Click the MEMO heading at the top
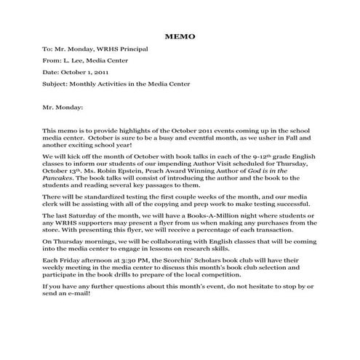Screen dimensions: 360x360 (180, 34)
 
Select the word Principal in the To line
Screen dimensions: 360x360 (134, 49)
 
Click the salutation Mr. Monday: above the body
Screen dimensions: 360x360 (64, 106)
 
